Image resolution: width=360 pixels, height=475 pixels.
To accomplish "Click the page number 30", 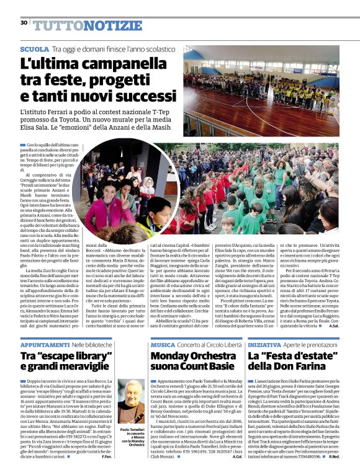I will [x=24, y=23].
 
